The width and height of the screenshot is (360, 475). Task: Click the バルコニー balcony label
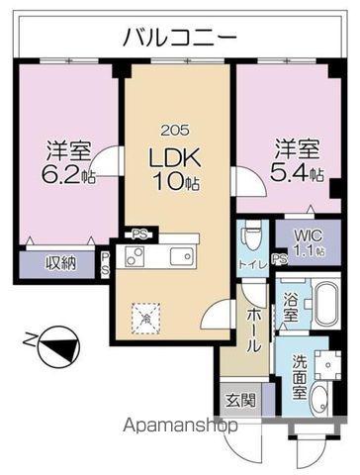tap(180, 38)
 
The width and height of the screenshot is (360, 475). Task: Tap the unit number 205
tap(175, 131)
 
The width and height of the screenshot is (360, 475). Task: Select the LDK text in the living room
tap(175, 157)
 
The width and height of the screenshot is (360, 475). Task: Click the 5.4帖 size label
tap(297, 173)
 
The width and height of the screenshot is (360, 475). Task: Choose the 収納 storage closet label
tap(60, 263)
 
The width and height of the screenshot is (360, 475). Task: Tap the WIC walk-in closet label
tap(309, 237)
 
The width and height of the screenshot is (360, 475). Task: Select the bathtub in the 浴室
tap(326, 302)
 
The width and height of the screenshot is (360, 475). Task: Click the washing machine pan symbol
tap(327, 365)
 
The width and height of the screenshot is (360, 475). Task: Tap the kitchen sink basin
tap(181, 256)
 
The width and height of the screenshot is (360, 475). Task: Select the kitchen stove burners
tap(135, 256)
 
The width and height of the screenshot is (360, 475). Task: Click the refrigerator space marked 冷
tap(146, 319)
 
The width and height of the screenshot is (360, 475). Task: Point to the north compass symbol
tap(58, 347)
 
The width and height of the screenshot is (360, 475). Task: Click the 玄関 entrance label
tap(240, 401)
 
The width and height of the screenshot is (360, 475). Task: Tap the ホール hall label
tap(254, 331)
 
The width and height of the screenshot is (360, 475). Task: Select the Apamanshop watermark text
tap(180, 427)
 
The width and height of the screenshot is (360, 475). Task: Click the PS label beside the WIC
tap(280, 259)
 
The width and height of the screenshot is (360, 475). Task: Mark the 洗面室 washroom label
tap(300, 377)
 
